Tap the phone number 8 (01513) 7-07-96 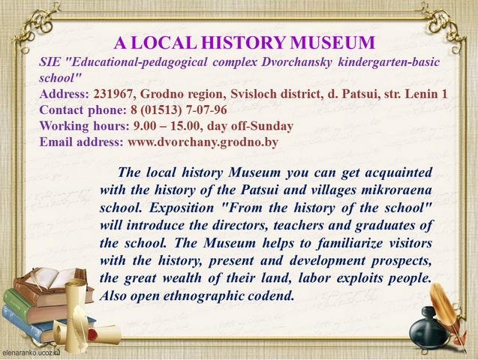click(x=179, y=110)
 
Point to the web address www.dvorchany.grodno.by click(x=203, y=142)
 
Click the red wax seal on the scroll click(x=93, y=334)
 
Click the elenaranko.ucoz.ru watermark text click(x=30, y=353)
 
